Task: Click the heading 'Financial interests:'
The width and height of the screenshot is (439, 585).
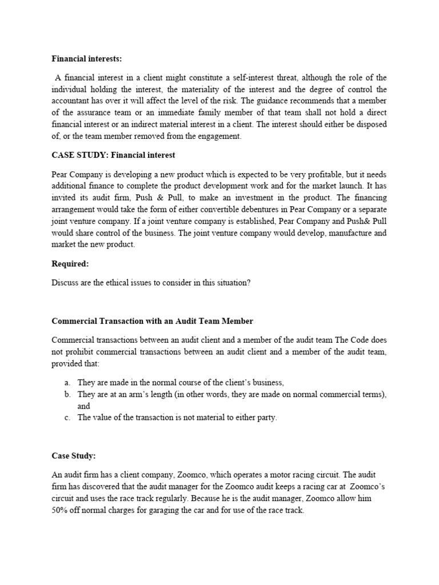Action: tap(86, 58)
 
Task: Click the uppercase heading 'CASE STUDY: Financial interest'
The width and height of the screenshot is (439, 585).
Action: tap(113, 155)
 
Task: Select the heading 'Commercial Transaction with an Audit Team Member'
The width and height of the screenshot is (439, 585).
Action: tap(152, 322)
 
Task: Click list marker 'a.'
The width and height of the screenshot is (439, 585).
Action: tap(67, 383)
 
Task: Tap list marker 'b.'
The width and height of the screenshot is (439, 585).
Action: tap(67, 395)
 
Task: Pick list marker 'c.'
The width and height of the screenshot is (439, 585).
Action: tap(67, 418)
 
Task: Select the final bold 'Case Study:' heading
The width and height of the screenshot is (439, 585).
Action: tap(73, 456)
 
